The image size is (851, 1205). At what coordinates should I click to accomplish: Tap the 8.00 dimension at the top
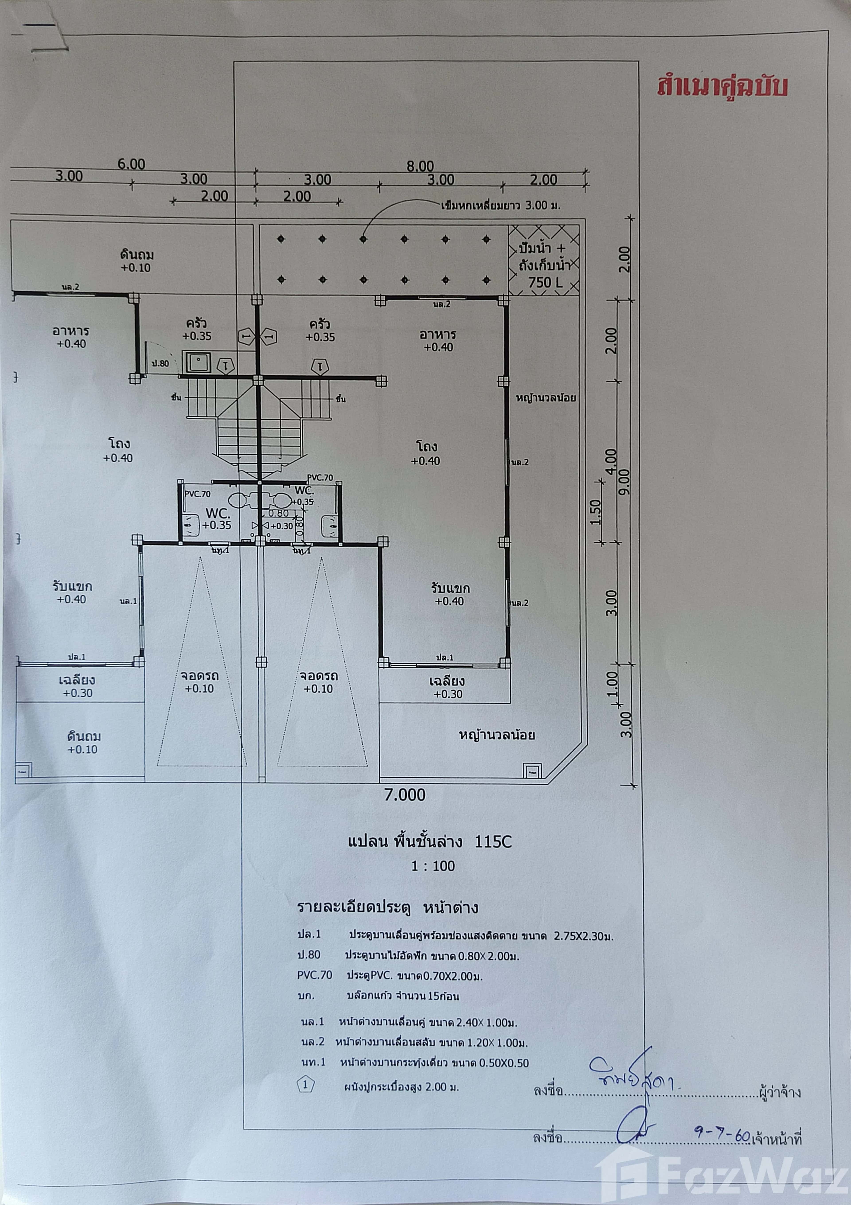point(420,166)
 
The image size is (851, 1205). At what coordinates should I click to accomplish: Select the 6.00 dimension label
point(131,164)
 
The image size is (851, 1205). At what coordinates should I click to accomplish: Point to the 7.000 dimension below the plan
point(405,795)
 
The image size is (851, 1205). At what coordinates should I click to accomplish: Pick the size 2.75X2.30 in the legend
point(583,936)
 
